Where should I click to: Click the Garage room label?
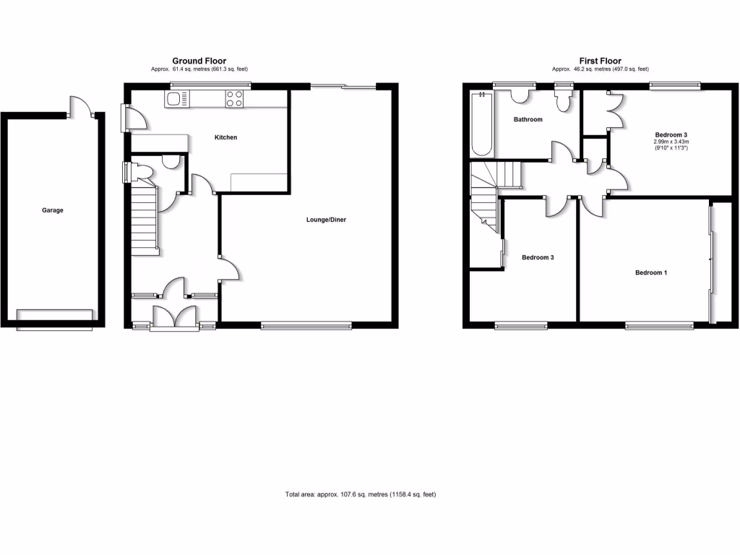[x=53, y=210]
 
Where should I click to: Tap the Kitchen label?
[x=225, y=137]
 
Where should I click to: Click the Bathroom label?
[x=528, y=119]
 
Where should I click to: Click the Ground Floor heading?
[x=199, y=61]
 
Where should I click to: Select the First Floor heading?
[x=600, y=61]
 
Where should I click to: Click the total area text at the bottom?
[x=361, y=494]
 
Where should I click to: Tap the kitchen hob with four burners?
[x=234, y=98]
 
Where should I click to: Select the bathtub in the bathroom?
[x=481, y=124]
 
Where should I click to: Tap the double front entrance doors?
[x=174, y=317]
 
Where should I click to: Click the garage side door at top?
[x=79, y=106]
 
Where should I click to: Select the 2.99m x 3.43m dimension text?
[x=671, y=142]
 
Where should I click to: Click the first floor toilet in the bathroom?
[x=563, y=100]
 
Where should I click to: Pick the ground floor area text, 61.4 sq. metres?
[x=199, y=69]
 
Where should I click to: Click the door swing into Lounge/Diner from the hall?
[x=230, y=269]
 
